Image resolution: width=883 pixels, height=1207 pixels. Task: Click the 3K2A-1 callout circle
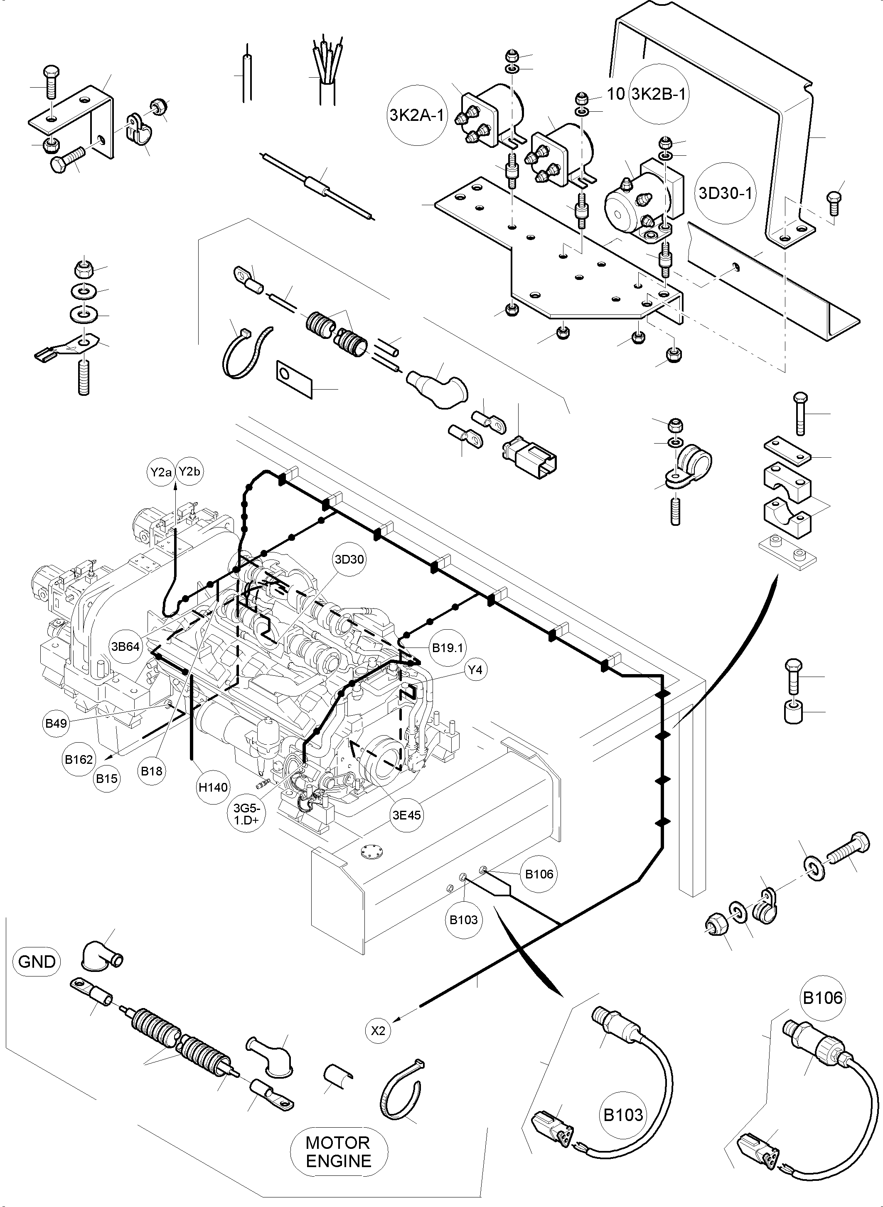[x=416, y=115]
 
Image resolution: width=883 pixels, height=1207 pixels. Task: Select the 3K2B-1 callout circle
[x=659, y=94]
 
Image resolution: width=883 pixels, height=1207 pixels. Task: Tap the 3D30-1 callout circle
[x=725, y=193]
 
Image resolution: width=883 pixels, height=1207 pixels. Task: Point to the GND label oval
[x=37, y=962]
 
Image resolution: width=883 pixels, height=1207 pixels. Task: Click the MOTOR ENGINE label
[x=338, y=1153]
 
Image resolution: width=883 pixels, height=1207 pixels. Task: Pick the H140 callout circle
[x=213, y=787]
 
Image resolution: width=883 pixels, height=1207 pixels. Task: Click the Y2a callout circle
[x=161, y=472]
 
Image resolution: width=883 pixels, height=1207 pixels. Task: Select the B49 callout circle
[x=56, y=724]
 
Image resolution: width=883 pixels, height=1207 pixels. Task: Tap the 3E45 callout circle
[x=407, y=815]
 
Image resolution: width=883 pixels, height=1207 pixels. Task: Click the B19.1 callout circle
[x=448, y=648]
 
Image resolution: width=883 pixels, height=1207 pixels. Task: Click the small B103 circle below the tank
[x=463, y=920]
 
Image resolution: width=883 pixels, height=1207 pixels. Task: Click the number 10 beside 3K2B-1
[x=616, y=94]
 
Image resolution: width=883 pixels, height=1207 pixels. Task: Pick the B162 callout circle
[x=79, y=759]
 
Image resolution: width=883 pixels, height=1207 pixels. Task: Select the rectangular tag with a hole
[x=294, y=379]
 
